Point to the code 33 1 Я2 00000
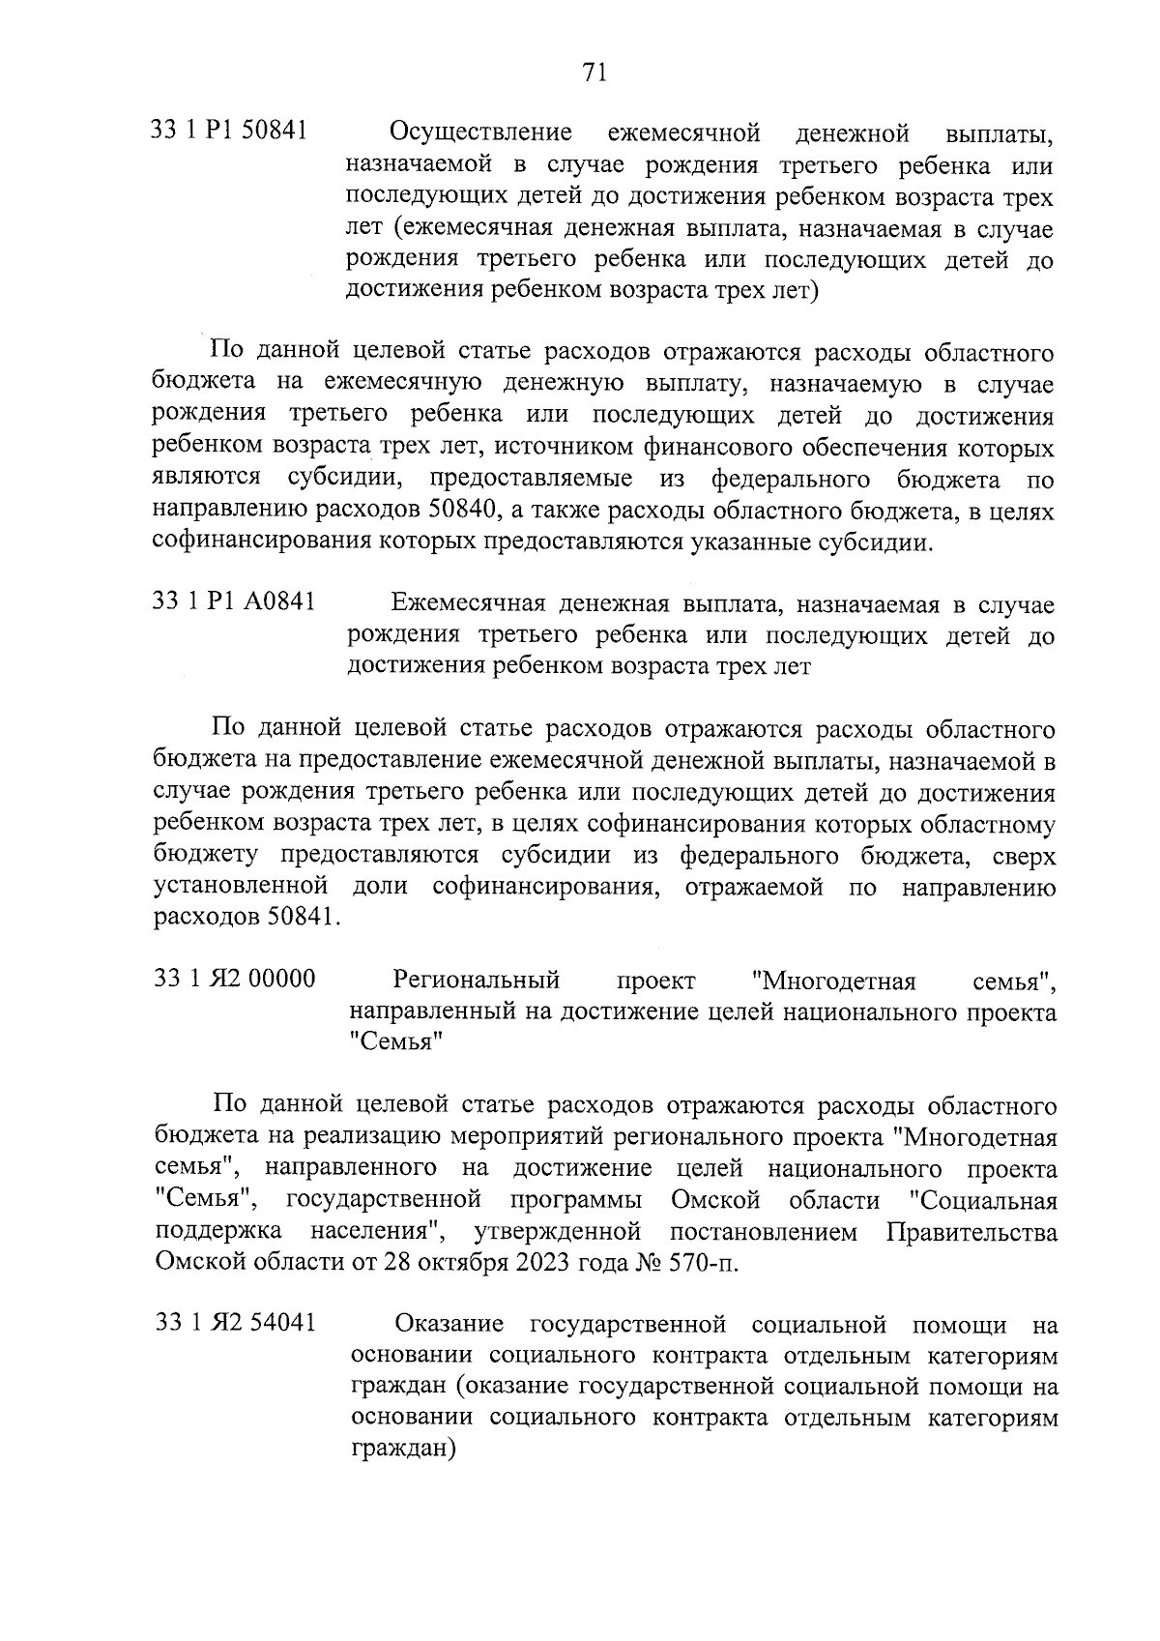[x=235, y=979]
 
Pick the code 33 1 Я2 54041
[x=236, y=1322]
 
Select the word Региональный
[x=477, y=980]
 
